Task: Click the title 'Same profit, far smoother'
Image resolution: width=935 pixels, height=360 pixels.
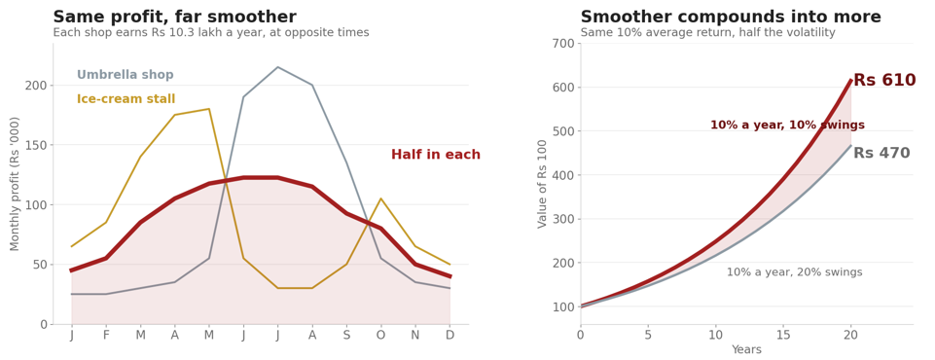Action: click(x=175, y=17)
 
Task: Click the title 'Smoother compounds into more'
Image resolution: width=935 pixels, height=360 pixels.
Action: click(x=731, y=17)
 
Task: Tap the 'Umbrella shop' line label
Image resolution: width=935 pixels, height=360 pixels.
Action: click(x=126, y=75)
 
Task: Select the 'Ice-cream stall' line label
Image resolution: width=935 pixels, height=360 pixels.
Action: click(x=126, y=99)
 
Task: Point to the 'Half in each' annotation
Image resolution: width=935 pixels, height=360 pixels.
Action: click(x=436, y=155)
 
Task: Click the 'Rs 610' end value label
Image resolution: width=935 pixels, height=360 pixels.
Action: click(x=885, y=80)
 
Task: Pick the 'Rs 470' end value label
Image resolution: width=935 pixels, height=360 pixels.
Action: click(x=881, y=153)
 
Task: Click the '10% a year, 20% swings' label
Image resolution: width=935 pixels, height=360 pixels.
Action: click(x=794, y=272)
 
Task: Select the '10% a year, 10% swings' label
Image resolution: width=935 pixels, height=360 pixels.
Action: click(x=787, y=126)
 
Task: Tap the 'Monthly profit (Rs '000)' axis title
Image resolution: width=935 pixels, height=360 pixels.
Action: click(x=15, y=184)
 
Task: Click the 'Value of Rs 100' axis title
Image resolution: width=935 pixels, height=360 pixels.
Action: click(x=542, y=184)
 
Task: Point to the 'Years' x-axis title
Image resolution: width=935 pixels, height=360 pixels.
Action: click(x=746, y=350)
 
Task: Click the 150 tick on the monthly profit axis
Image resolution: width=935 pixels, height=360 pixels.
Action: click(x=36, y=145)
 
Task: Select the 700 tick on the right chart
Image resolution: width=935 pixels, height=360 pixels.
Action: click(x=563, y=44)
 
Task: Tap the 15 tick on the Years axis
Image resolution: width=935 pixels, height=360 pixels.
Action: click(x=783, y=335)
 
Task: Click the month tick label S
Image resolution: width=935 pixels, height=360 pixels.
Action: click(x=346, y=336)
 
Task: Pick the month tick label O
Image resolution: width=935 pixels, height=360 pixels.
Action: click(x=380, y=336)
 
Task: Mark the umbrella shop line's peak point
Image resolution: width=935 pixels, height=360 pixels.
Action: click(x=277, y=67)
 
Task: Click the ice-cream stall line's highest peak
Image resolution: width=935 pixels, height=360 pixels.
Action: click(x=209, y=108)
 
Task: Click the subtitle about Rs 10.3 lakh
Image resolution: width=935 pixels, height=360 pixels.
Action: click(x=211, y=33)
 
